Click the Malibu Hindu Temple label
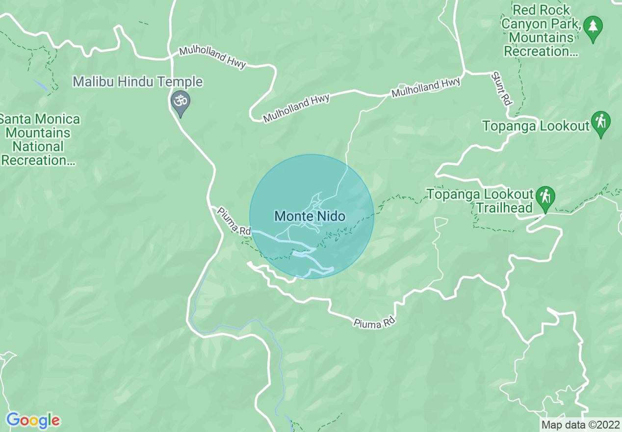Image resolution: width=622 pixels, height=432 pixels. tap(138, 81)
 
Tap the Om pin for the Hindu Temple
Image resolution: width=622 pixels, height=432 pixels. tap(180, 102)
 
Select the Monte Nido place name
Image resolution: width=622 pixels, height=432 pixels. tap(310, 216)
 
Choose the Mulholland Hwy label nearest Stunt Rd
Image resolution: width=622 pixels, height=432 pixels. tap(426, 88)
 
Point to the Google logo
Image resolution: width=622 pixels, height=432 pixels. tap(33, 420)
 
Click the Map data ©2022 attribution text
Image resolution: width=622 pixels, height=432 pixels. tap(580, 425)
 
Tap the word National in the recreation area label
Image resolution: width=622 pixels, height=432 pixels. tap(38, 147)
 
